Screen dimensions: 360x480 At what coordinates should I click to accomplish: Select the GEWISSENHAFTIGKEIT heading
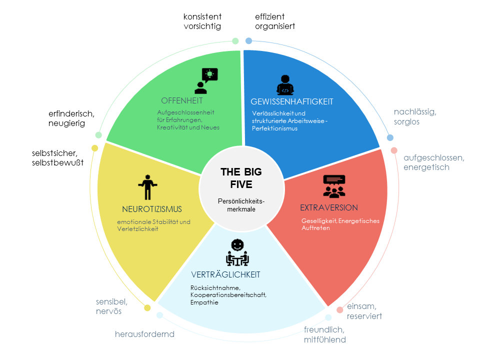[x=291, y=102]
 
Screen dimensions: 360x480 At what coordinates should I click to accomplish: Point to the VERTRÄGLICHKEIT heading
[x=225, y=275]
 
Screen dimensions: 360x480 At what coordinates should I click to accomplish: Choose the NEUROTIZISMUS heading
[x=151, y=208]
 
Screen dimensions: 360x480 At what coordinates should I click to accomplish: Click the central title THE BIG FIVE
[x=241, y=178]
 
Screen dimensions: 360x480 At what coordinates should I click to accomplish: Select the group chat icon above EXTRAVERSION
[x=334, y=186]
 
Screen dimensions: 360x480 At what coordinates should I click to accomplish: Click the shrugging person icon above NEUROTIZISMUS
[x=147, y=187]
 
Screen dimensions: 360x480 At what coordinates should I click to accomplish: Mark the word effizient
[x=270, y=16]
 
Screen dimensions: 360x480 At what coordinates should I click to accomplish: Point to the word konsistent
[x=202, y=16]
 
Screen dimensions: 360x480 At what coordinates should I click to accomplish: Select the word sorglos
[x=406, y=121]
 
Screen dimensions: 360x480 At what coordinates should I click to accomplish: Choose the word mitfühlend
[x=324, y=339]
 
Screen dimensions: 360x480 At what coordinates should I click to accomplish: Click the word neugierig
[x=66, y=123]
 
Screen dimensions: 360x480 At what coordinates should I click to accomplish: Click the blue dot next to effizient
[x=248, y=40]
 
